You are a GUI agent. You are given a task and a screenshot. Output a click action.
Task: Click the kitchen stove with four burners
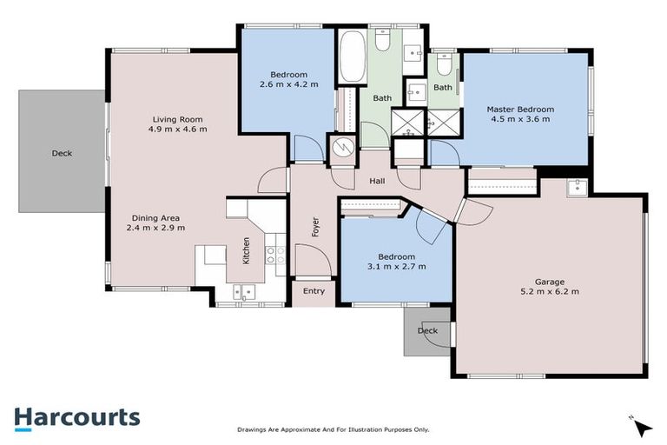(274, 254)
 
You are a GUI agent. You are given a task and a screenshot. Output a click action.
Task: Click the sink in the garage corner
(575, 187)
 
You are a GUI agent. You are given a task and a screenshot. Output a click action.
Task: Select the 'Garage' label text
(550, 282)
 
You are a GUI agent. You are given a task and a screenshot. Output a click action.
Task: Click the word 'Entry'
(313, 291)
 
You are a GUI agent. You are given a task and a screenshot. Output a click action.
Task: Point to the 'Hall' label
(377, 181)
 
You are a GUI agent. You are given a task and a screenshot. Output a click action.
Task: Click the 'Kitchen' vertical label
(247, 251)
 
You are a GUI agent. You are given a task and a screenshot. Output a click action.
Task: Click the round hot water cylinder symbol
(342, 148)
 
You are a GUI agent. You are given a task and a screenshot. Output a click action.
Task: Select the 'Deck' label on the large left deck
(62, 153)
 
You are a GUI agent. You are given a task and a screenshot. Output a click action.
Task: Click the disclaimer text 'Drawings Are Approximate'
(333, 429)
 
